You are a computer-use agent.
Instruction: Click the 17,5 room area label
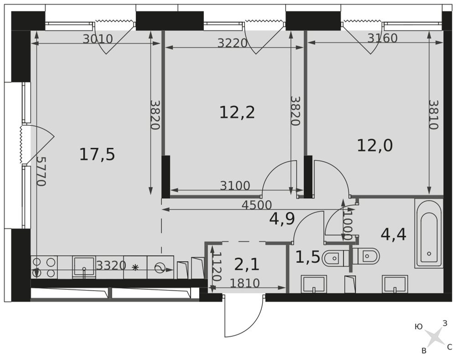pos(97,154)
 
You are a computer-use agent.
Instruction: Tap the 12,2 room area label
pos(237,113)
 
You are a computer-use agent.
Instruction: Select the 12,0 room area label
pos(375,145)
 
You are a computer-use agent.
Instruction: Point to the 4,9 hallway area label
pos(282,219)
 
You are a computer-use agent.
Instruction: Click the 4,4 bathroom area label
pos(394,234)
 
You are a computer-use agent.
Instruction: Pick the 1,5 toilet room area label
pos(308,257)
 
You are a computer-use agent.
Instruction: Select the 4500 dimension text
pos(257,205)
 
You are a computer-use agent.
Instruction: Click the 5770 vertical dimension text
pos(41,171)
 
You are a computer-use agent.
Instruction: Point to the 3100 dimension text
pos(235,185)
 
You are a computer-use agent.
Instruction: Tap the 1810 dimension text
pos(244,283)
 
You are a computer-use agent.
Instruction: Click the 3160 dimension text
pos(383,38)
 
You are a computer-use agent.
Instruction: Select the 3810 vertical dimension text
pos(433,115)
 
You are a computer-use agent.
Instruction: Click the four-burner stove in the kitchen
pos(44,267)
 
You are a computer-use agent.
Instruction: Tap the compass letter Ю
pos(419,327)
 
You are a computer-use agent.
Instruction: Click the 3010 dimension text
pos(98,39)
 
